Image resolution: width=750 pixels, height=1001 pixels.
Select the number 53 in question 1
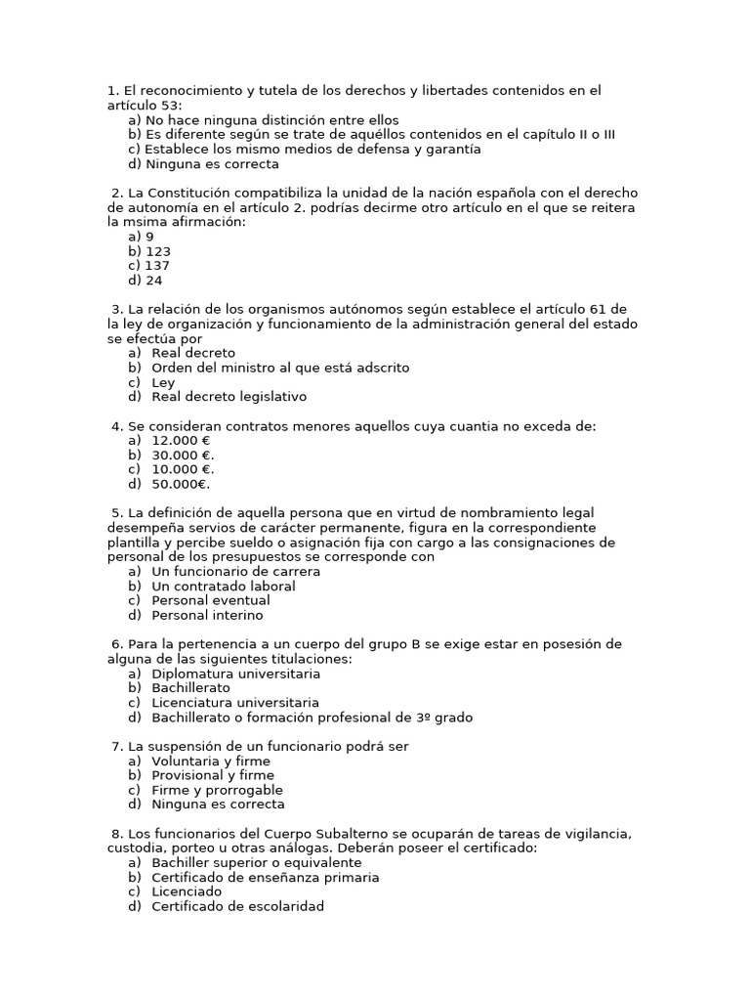click(x=173, y=106)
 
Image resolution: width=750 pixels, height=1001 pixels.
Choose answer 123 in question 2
click(x=157, y=251)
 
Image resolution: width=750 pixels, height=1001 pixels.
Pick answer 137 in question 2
click(x=157, y=266)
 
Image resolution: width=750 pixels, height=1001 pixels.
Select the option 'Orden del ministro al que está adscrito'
click(x=280, y=368)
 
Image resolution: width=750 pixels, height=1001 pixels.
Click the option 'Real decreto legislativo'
click(x=229, y=397)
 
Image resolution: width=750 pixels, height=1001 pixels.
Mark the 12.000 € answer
click(x=182, y=441)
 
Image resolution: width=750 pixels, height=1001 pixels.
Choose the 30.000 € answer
click(x=183, y=456)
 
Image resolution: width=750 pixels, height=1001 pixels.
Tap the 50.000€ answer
click(x=181, y=484)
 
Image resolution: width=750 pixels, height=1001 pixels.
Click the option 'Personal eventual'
click(x=208, y=601)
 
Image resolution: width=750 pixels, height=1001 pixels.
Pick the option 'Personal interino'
click(x=207, y=616)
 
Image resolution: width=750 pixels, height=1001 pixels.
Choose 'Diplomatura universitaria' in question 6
click(x=235, y=674)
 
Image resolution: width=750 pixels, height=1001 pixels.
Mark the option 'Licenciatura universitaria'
click(x=235, y=703)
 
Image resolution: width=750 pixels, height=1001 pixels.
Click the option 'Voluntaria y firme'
click(x=211, y=762)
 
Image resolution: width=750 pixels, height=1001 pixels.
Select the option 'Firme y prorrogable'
click(x=217, y=790)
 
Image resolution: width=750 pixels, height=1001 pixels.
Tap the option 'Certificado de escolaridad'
click(x=237, y=906)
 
